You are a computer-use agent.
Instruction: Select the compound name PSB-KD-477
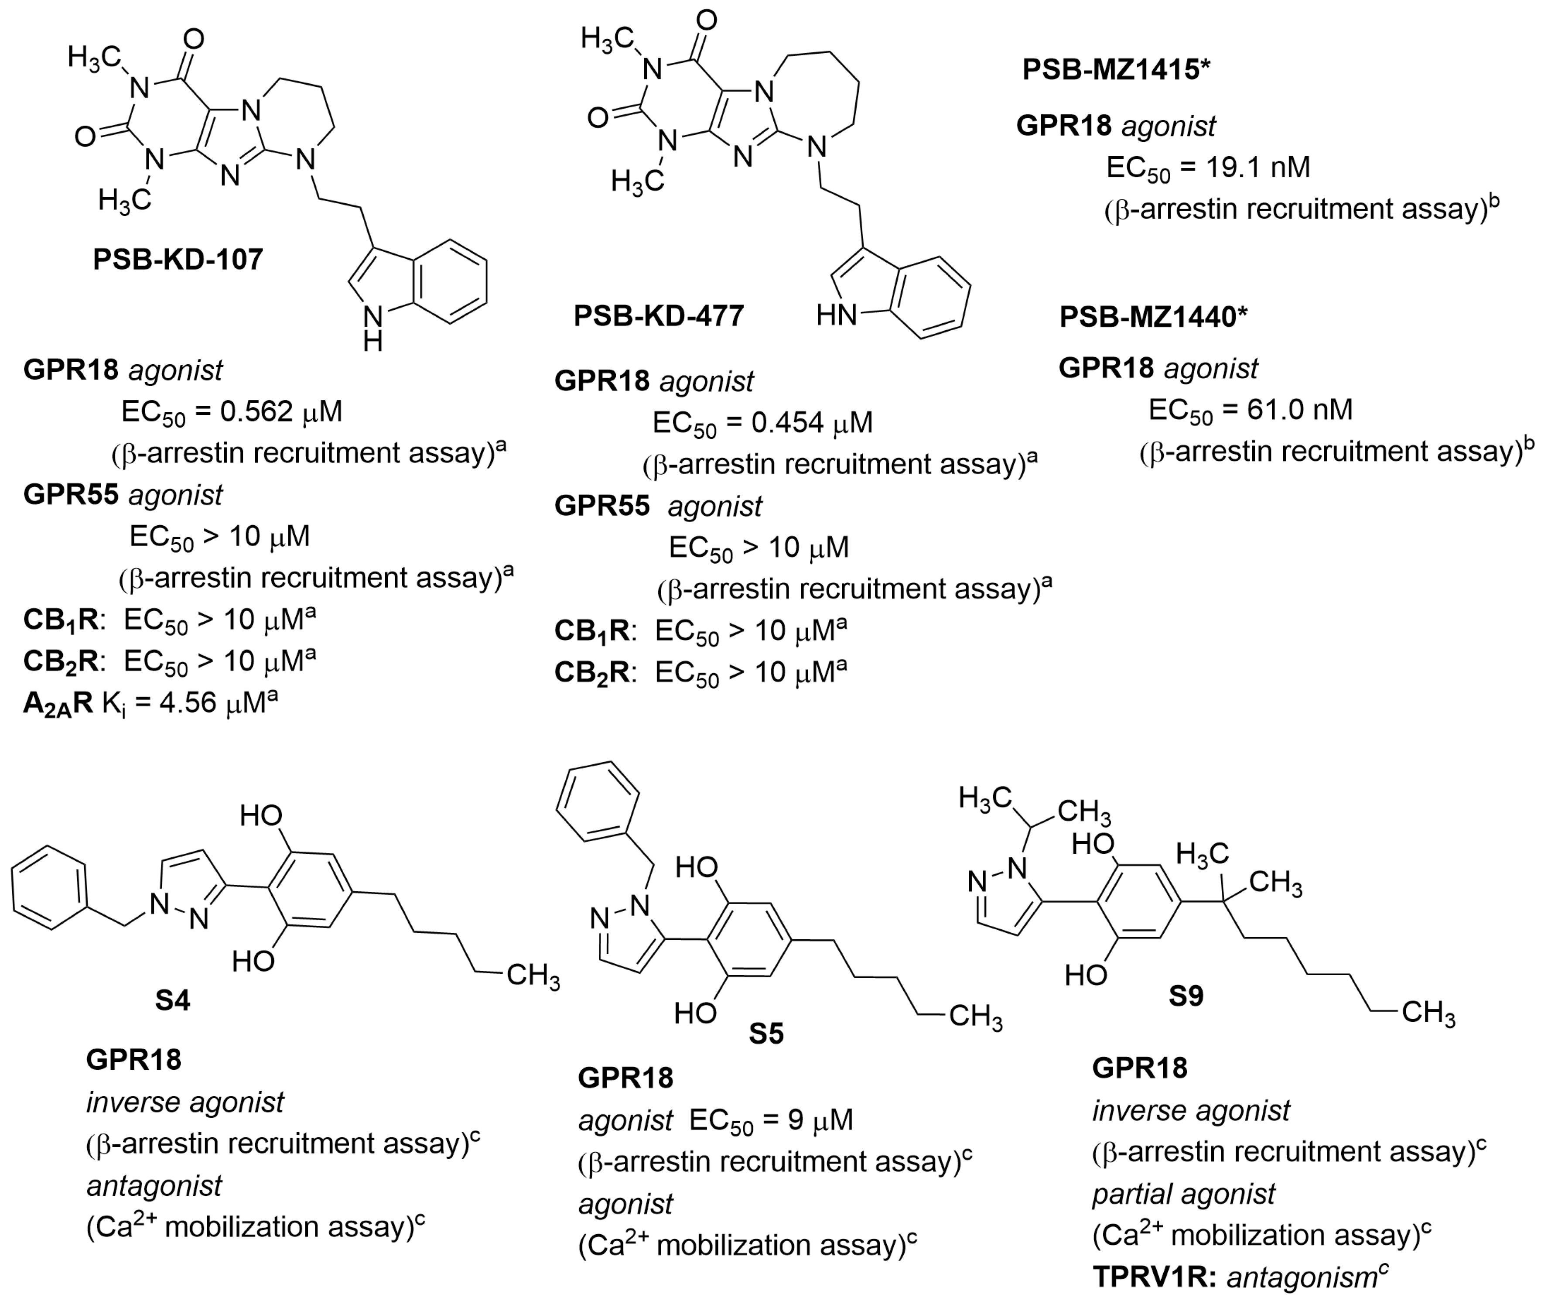[x=659, y=316]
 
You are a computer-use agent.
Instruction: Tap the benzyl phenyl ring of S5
[x=597, y=802]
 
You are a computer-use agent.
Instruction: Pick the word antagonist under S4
[x=154, y=1186]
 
